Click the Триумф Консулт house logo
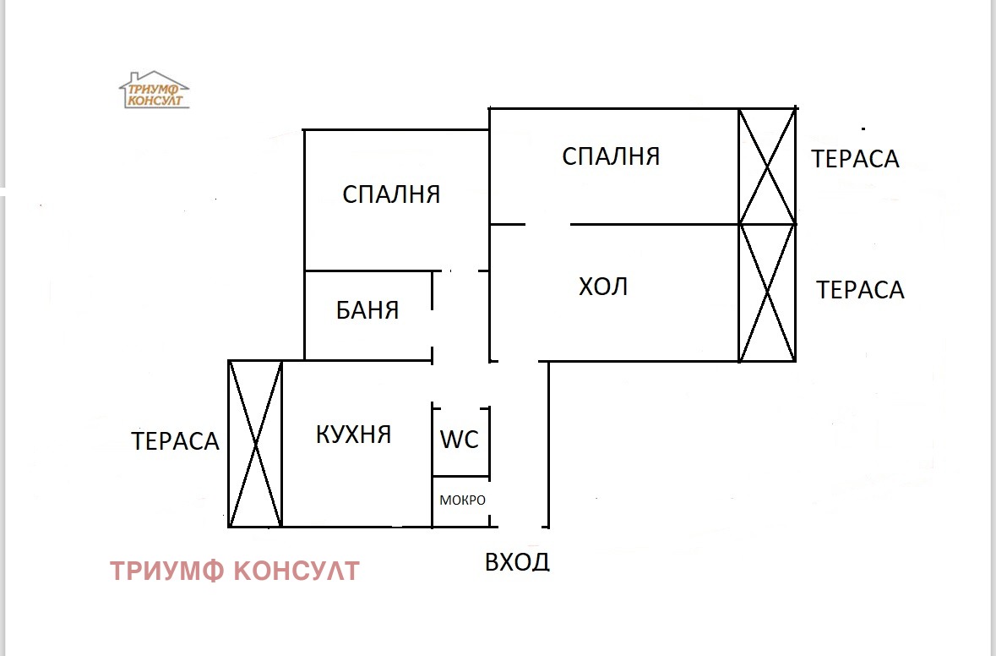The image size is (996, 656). click(154, 90)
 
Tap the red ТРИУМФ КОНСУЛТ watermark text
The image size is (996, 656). click(234, 571)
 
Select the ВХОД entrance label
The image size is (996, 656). click(517, 561)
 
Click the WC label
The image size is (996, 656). click(460, 440)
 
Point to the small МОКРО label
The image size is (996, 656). click(462, 500)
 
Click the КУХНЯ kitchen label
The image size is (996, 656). click(353, 435)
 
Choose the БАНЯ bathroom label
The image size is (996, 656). click(367, 310)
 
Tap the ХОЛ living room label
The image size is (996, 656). click(603, 287)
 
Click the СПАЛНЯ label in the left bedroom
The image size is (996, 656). click(391, 195)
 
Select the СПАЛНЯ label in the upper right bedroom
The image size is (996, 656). click(610, 156)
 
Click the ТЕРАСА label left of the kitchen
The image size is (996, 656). click(175, 441)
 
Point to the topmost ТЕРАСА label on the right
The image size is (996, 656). click(855, 159)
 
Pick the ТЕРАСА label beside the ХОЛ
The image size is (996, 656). click(860, 291)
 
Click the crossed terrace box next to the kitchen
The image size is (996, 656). click(255, 443)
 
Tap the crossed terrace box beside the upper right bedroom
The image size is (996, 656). click(767, 167)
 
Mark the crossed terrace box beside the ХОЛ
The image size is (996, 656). click(767, 292)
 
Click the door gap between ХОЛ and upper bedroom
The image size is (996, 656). click(547, 225)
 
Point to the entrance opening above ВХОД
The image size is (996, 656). click(518, 526)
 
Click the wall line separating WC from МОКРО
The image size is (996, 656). click(460, 476)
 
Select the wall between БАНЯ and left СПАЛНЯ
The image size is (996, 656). click(367, 271)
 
